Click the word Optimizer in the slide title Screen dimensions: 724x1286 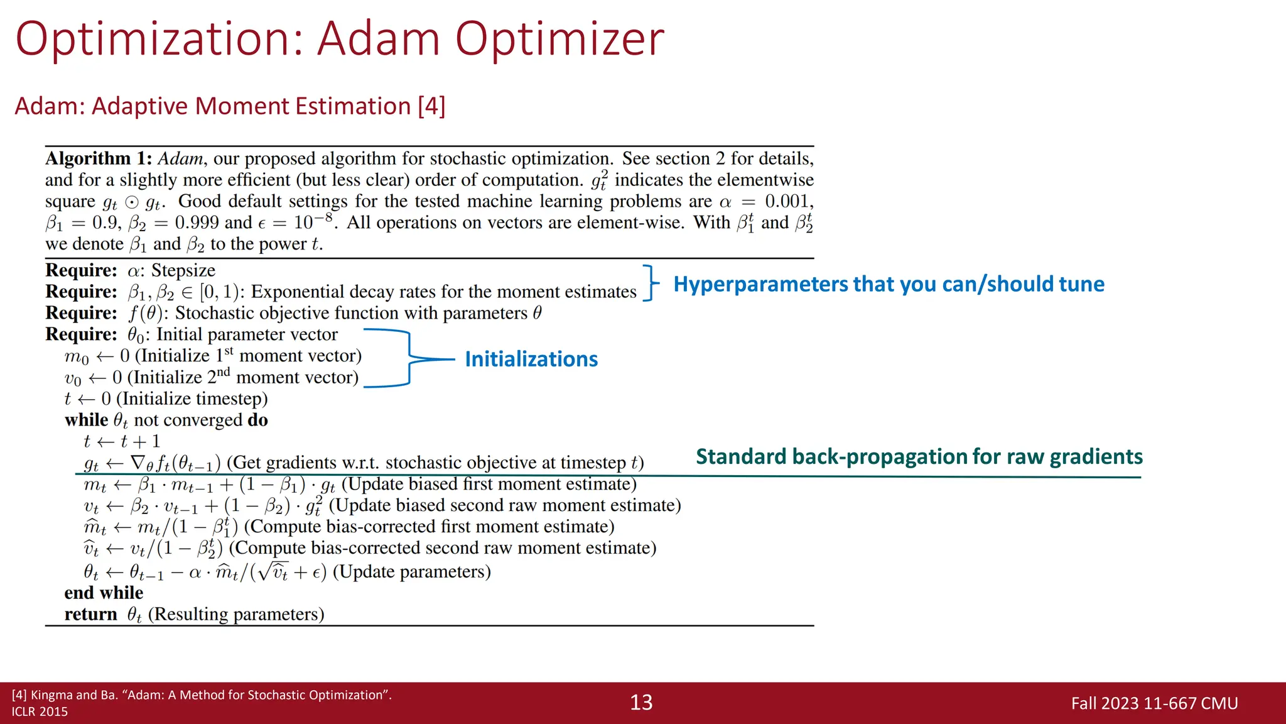pos(559,39)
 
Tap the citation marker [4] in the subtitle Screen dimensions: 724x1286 pos(431,106)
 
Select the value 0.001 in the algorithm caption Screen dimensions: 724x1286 pos(788,201)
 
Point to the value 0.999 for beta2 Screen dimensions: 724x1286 pos(197,222)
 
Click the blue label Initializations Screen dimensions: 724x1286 pos(531,359)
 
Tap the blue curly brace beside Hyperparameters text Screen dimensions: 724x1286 pos(651,283)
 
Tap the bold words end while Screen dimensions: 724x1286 pos(104,593)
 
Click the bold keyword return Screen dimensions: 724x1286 pos(90,614)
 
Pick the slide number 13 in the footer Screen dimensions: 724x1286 pos(641,703)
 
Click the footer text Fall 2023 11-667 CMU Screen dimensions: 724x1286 pos(1154,703)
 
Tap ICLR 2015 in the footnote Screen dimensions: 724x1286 pos(40,711)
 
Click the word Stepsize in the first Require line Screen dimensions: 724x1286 pos(183,270)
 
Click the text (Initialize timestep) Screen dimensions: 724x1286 pos(192,398)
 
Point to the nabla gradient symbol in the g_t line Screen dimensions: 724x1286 pos(138,463)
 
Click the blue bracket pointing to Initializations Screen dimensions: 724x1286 pos(409,359)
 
